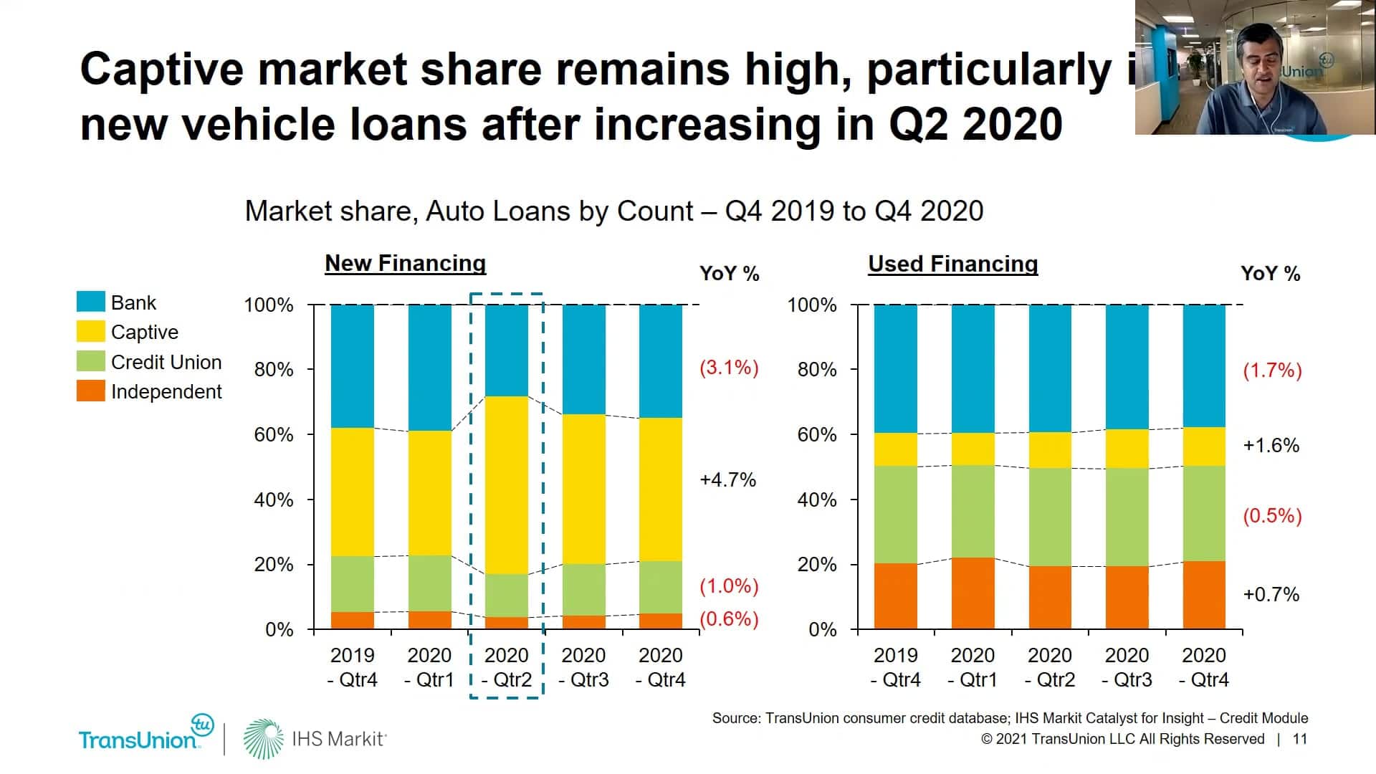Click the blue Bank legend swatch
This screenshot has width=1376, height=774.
(90, 302)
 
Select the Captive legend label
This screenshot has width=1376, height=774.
(144, 332)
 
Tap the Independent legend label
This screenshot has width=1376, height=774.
(166, 391)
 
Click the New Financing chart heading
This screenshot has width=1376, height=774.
(405, 263)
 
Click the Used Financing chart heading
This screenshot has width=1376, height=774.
(952, 264)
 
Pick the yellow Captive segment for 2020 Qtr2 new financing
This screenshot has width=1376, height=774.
(507, 484)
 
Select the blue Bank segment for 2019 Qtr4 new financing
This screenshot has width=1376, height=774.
(352, 365)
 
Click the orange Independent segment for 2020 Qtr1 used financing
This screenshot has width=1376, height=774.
(973, 593)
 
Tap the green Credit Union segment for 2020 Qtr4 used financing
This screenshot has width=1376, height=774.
(1204, 513)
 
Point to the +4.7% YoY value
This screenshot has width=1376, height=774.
(727, 479)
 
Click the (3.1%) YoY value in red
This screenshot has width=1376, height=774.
(729, 368)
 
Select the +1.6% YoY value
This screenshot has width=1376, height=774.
(1271, 445)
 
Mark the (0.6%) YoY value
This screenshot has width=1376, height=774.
(729, 618)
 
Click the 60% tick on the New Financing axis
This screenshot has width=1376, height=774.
(273, 434)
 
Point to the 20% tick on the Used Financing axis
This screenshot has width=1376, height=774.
(817, 565)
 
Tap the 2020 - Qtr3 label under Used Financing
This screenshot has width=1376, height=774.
(1127, 667)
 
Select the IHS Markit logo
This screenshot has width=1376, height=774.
(315, 739)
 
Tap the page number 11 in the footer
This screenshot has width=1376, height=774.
(1299, 739)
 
